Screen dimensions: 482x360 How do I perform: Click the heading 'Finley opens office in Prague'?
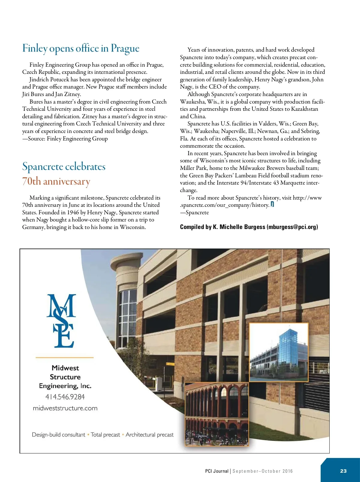81,49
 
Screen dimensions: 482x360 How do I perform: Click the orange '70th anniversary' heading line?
56,182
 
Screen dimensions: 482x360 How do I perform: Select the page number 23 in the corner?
343,471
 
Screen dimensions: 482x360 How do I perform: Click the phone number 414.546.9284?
65,397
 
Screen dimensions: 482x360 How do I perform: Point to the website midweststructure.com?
65,408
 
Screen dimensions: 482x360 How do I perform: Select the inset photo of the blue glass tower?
279,352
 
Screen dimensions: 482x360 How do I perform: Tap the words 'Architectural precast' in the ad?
149,435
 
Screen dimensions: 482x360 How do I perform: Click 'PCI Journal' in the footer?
217,471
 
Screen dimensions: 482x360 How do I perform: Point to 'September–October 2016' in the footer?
262,471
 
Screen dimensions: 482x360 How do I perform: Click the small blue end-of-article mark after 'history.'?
272,204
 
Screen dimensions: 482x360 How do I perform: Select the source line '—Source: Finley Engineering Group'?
65,139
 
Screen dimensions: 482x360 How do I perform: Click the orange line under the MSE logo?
64,357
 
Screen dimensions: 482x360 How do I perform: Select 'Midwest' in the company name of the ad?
65,368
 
